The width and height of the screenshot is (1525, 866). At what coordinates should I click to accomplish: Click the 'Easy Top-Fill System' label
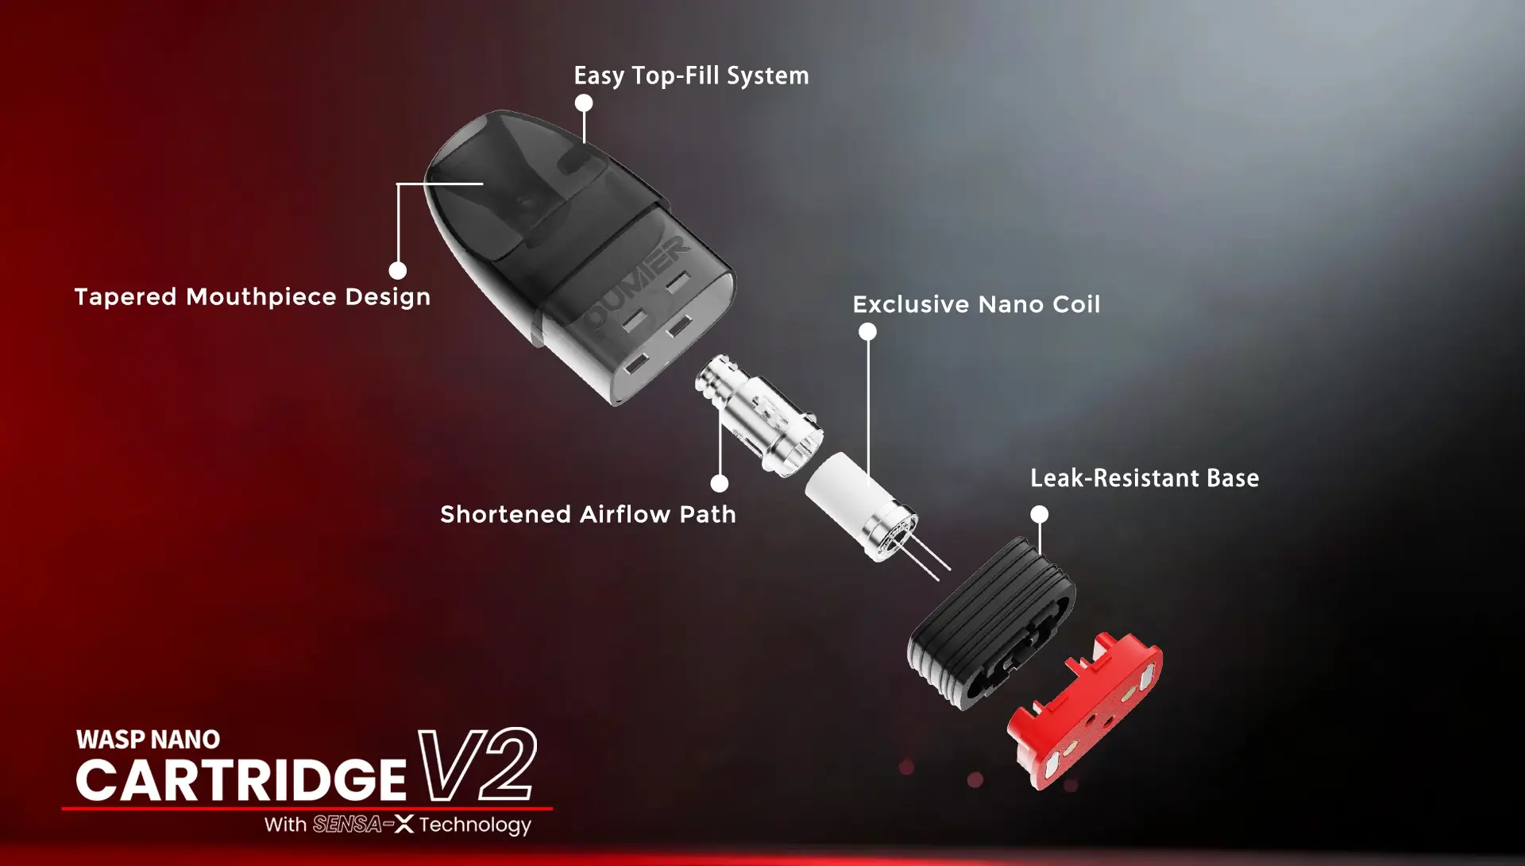tap(691, 76)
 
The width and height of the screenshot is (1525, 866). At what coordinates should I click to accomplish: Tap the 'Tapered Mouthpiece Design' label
tap(253, 297)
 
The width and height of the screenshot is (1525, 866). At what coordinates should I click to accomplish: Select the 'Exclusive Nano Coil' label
tap(976, 304)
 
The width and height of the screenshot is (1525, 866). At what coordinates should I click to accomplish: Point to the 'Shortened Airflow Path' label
tap(588, 514)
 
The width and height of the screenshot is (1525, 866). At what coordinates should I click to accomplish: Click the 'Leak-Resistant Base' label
tap(1145, 478)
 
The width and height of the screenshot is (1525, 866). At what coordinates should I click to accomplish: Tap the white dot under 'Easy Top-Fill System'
tap(584, 102)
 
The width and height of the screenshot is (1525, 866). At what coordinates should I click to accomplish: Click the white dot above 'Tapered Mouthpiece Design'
tap(398, 270)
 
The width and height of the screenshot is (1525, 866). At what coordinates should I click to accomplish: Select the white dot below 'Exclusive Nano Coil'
tap(868, 331)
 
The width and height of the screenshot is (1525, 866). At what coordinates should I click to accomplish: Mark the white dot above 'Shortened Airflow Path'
tap(720, 483)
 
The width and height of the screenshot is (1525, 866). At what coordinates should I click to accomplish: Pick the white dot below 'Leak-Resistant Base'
tap(1039, 514)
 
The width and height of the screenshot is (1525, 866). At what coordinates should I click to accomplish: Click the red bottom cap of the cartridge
tap(1085, 711)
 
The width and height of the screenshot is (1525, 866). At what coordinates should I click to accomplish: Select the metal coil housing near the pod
tap(759, 416)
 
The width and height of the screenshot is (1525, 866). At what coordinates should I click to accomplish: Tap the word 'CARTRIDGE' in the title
tap(241, 779)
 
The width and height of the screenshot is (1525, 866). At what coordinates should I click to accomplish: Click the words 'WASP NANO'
tap(149, 740)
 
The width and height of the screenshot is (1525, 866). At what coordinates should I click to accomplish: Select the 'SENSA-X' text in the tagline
tap(363, 825)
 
